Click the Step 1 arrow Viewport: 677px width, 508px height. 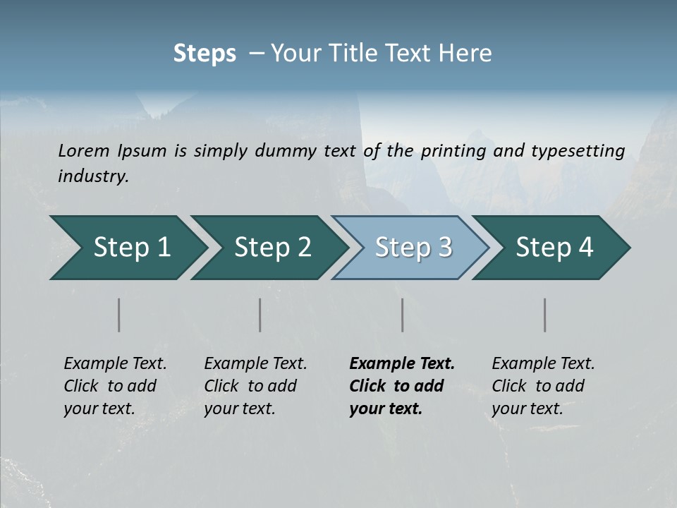point(131,248)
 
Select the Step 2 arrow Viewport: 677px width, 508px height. point(272,248)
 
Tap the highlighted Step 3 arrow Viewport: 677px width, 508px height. point(413,248)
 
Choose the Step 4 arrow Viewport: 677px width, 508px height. point(554,248)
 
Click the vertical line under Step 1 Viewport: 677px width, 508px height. point(119,315)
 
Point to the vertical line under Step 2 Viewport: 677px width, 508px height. point(260,315)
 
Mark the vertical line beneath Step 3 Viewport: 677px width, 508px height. point(403,315)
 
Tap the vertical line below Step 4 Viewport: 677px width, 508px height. point(545,315)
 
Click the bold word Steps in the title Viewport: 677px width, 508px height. point(205,54)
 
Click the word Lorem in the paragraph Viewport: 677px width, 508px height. point(84,151)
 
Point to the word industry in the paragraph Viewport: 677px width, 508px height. point(93,176)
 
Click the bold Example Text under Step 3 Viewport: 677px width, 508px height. point(402,364)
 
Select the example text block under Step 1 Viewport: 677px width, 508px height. point(115,386)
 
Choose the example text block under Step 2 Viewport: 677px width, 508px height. point(255,386)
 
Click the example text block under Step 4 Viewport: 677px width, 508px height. point(543,386)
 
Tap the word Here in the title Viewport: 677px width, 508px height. point(468,54)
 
